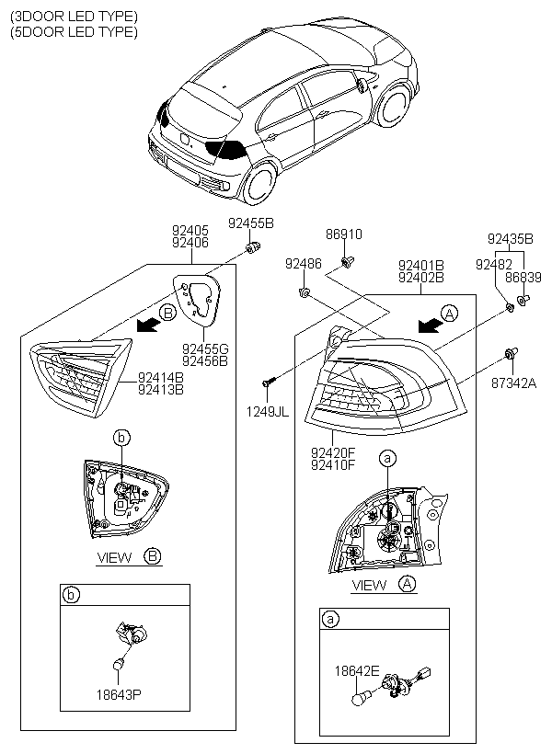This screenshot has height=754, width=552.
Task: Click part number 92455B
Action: (x=251, y=223)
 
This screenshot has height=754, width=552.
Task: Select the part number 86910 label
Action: (x=344, y=234)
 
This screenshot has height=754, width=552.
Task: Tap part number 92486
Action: (x=304, y=264)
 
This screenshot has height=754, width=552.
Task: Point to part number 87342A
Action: (x=513, y=383)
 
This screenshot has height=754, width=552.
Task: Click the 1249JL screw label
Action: (x=268, y=412)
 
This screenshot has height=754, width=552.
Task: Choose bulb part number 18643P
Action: (x=119, y=694)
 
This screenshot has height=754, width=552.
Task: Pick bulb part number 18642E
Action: (x=357, y=671)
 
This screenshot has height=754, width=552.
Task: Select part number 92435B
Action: (x=510, y=239)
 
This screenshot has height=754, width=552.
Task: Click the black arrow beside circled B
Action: (x=148, y=326)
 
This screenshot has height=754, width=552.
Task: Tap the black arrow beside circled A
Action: (x=430, y=326)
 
